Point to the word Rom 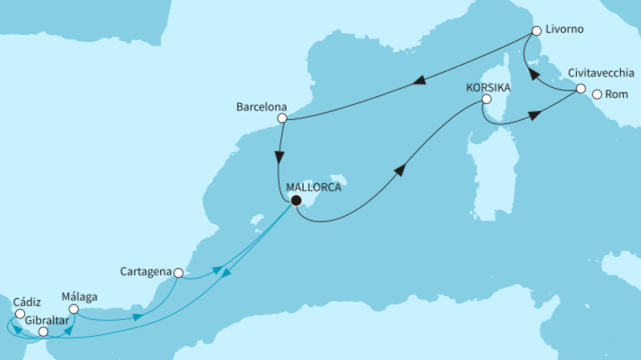click(x=617, y=94)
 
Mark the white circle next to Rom click(x=597, y=94)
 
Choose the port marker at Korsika click(x=486, y=101)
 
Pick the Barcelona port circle click(x=282, y=119)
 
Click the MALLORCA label click(x=315, y=187)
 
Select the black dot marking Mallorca click(x=296, y=201)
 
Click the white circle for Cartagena click(x=179, y=273)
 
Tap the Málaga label click(x=79, y=294)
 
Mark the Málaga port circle click(x=73, y=309)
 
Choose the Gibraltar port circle click(x=44, y=331)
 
